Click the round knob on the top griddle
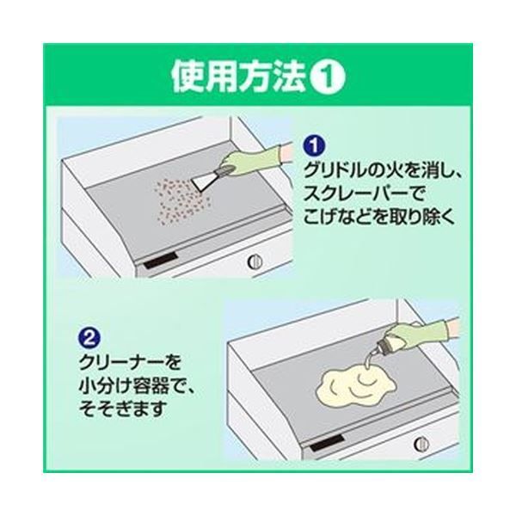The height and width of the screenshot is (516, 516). coord(255,261)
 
